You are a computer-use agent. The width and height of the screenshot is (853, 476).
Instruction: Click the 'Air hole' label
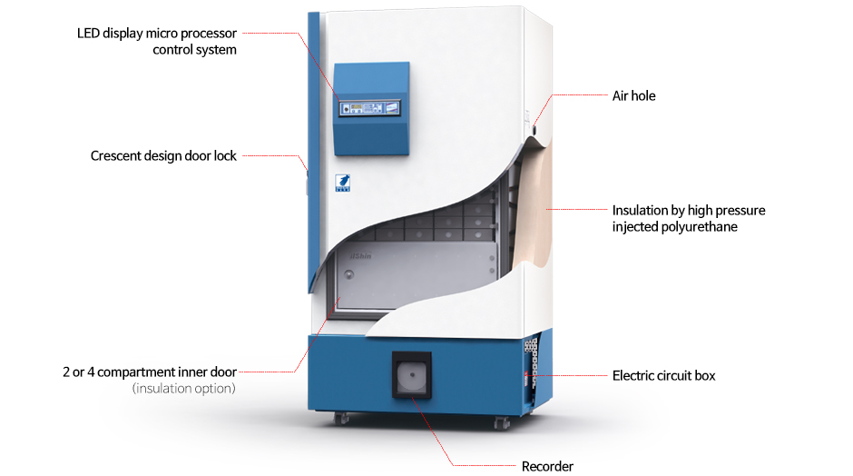633,96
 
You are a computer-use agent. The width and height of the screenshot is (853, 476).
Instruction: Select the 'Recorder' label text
547,467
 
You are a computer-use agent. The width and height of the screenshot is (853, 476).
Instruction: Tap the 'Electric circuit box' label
663,376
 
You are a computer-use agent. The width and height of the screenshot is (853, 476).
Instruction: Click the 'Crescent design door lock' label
163,156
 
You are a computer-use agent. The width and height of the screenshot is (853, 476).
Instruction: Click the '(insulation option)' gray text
184,389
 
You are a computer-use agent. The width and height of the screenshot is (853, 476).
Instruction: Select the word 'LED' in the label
88,34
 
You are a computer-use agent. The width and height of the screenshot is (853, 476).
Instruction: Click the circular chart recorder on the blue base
412,375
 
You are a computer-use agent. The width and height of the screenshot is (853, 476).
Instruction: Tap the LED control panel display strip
370,108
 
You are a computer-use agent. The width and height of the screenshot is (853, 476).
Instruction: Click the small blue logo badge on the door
342,183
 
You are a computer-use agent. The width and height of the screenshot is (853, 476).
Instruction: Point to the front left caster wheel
341,418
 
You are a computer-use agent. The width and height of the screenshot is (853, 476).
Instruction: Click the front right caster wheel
502,422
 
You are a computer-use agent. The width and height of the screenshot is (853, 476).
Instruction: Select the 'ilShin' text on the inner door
360,256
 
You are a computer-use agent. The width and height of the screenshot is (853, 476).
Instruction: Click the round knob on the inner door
348,274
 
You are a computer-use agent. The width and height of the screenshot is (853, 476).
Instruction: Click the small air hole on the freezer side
534,130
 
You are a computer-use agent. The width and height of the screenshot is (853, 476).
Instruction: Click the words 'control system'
194,50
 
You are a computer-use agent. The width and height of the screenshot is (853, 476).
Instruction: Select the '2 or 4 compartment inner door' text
150,372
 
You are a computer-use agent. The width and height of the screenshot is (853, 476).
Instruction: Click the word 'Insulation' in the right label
640,210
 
